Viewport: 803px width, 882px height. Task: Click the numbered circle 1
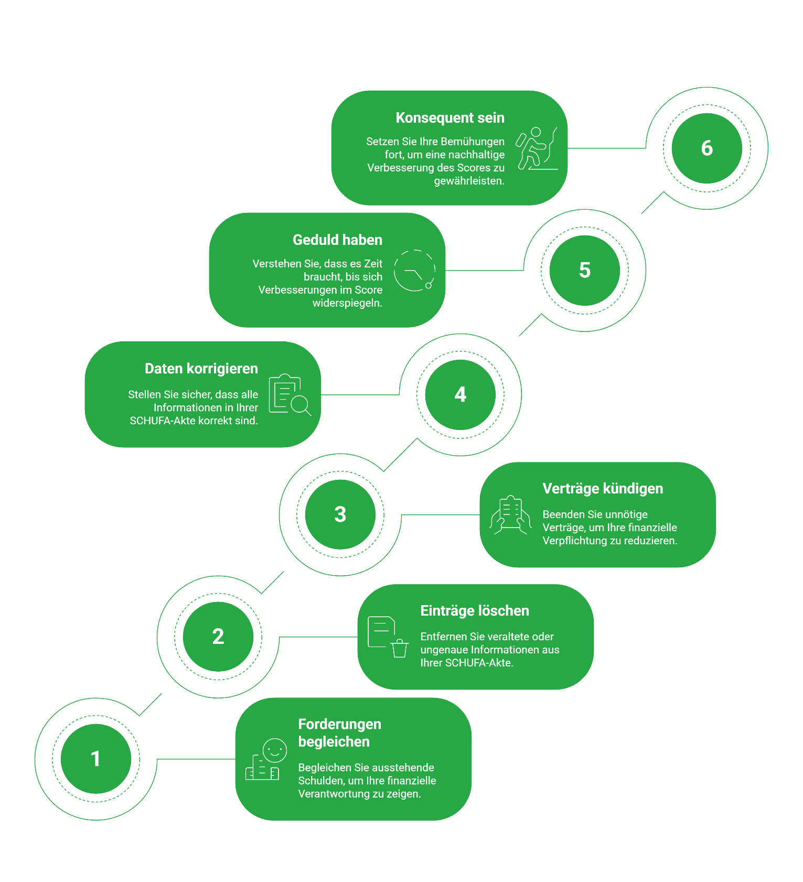coord(96,759)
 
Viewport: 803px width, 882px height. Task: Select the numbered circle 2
coord(218,637)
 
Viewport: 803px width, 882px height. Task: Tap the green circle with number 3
coord(340,514)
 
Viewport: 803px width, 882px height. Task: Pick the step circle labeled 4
coord(461,394)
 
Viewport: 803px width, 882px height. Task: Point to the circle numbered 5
coord(585,271)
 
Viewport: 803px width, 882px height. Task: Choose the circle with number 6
coord(707,148)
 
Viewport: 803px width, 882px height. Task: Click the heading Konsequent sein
coord(450,118)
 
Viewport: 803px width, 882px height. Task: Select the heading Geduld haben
coord(337,240)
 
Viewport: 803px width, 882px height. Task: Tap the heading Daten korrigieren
coord(201,369)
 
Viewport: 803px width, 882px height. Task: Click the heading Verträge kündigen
coord(603,489)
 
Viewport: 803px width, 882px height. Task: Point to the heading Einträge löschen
coord(475,611)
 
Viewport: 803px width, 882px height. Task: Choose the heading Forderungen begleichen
coord(340,733)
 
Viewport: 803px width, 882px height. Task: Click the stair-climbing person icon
coord(537,148)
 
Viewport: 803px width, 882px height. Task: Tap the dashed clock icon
coord(414,271)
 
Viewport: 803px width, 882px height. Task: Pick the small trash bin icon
coord(400,648)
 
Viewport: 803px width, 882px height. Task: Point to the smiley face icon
coord(275,750)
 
